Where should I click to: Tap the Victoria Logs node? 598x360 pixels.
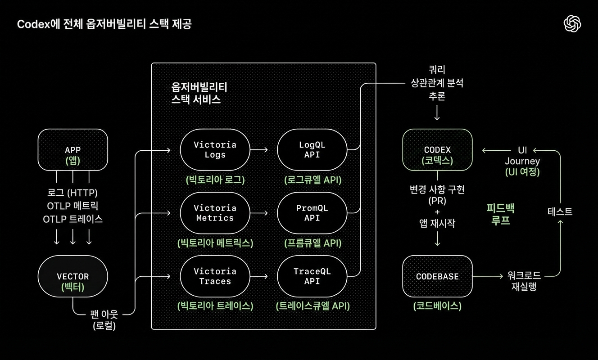coord(215,150)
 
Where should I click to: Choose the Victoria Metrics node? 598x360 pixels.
coord(215,213)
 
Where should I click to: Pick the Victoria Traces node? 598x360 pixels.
coord(215,276)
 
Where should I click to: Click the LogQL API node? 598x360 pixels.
coord(312,150)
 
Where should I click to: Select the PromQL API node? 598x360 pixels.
coord(312,213)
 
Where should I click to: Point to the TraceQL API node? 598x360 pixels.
coord(312,276)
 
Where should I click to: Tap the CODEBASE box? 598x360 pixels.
coord(437,276)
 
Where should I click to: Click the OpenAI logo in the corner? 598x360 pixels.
coord(572,24)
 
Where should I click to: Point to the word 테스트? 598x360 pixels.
coord(560,211)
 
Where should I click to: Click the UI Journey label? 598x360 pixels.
coord(522,161)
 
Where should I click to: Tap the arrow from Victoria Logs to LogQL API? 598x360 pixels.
coord(260,150)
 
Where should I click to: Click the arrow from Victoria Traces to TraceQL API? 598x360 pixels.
coord(260,276)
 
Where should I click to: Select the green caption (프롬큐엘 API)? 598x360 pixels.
coord(313,243)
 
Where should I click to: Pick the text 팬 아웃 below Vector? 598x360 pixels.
coord(104,314)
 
